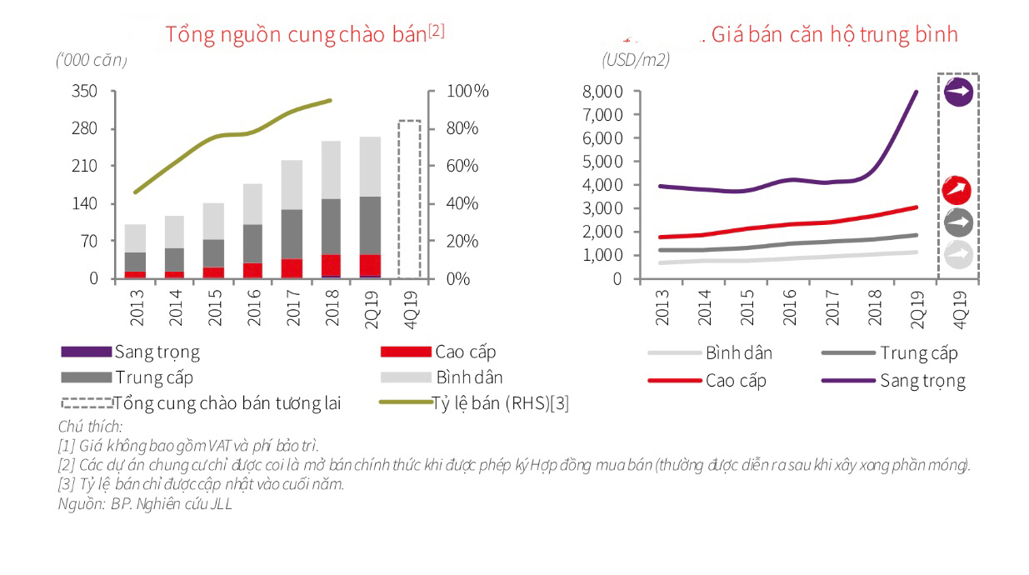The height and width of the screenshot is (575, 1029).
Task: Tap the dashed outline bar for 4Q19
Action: (409, 200)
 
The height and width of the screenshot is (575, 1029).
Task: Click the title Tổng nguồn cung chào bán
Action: (305, 34)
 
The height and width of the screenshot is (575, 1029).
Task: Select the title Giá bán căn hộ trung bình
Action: (833, 34)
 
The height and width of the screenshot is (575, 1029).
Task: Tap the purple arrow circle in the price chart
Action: (958, 92)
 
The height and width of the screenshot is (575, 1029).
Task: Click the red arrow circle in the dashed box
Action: (957, 190)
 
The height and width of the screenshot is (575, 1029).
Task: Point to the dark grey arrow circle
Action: (958, 222)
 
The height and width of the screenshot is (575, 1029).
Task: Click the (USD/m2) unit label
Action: (636, 60)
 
